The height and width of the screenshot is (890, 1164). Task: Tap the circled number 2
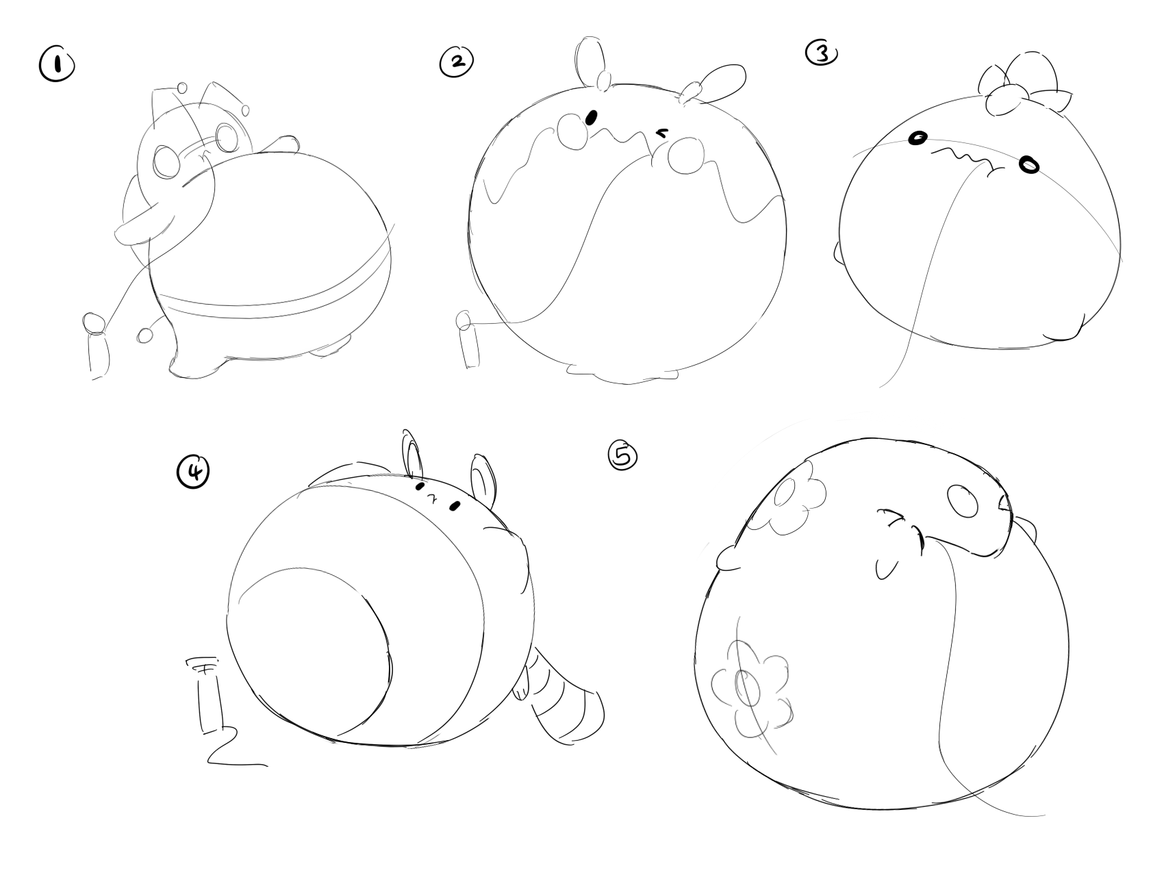pyautogui.click(x=456, y=62)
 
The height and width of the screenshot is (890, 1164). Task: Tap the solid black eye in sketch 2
pyautogui.click(x=592, y=118)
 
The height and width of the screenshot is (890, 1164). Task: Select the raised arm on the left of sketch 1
pyautogui.click(x=144, y=224)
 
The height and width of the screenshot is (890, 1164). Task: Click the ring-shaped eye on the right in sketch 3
pyautogui.click(x=1028, y=165)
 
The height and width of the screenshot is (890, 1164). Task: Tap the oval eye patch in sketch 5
pyautogui.click(x=966, y=502)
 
